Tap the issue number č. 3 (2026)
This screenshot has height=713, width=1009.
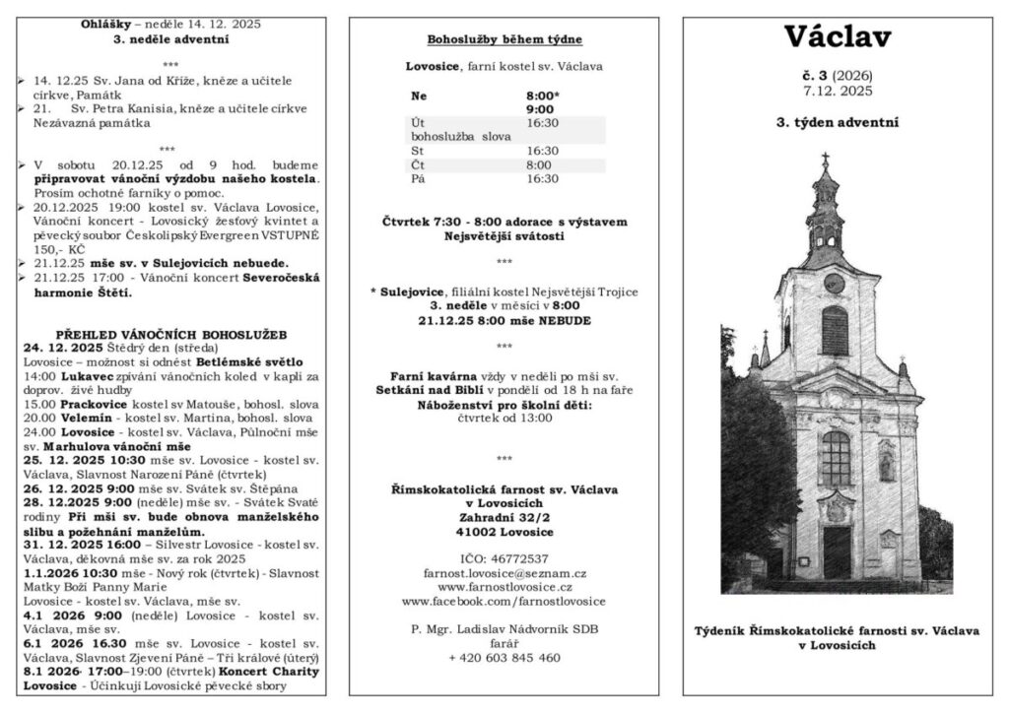click(837, 76)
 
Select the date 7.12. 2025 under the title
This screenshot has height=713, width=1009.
click(837, 91)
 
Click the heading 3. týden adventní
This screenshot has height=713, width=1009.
click(837, 123)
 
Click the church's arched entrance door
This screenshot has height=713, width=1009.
click(837, 551)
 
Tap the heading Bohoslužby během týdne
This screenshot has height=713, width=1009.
click(504, 40)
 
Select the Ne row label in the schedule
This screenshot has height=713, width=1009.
click(420, 96)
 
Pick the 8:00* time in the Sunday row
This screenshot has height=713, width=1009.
click(543, 96)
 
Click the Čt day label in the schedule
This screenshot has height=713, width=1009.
click(418, 164)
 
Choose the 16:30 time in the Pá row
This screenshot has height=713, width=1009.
click(542, 178)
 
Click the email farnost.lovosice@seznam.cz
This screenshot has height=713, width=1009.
click(504, 572)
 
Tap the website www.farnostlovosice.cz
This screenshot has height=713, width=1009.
click(504, 586)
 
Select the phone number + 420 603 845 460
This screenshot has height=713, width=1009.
click(504, 657)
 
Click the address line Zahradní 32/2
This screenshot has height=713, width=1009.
click(504, 516)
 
